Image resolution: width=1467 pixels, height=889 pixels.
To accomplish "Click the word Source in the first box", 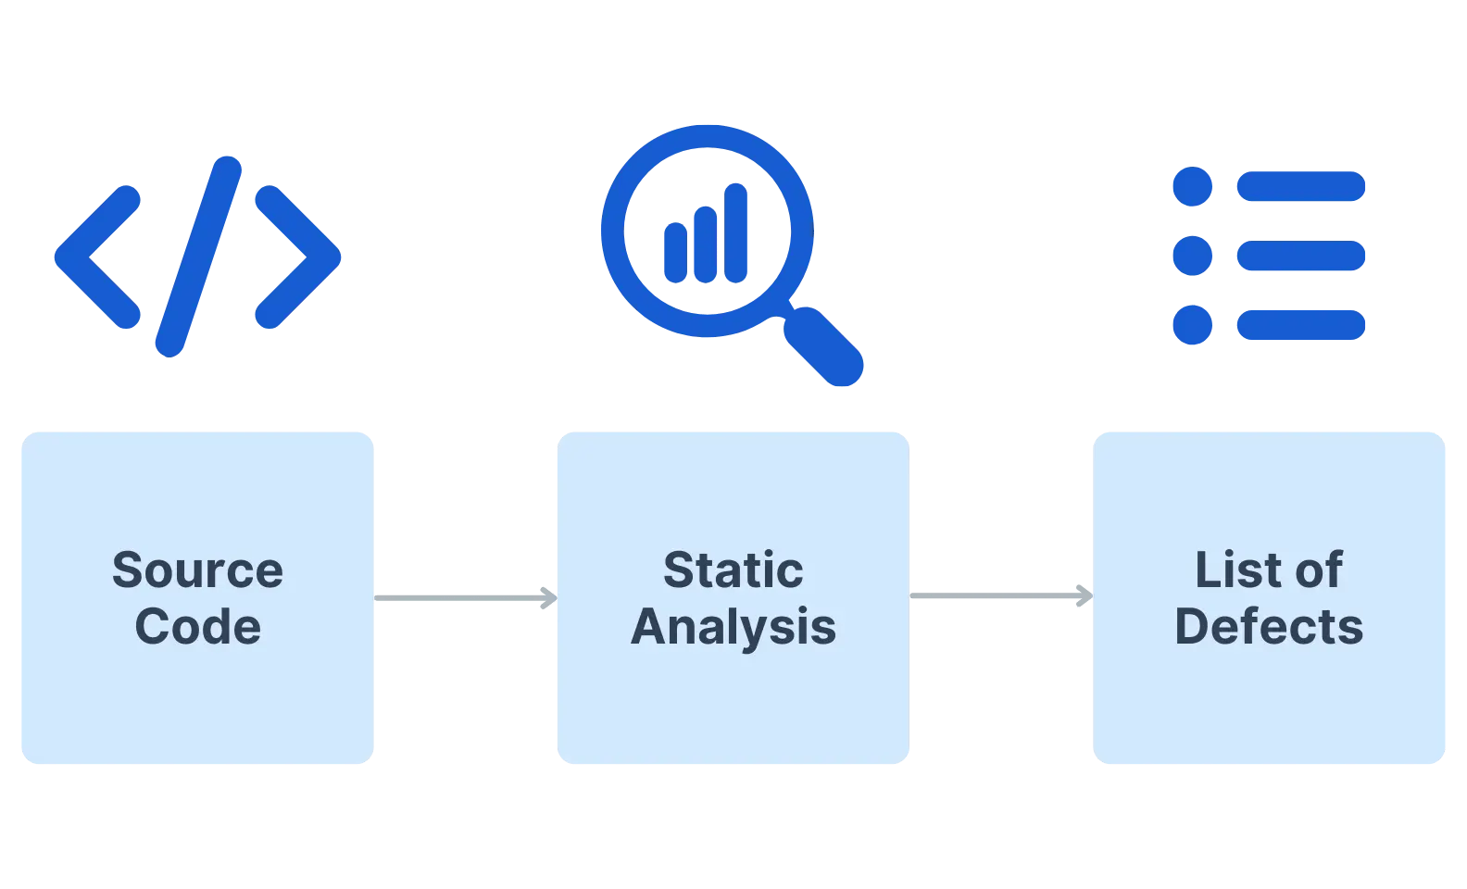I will [x=197, y=570].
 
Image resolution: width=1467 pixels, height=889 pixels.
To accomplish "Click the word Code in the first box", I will [x=197, y=627].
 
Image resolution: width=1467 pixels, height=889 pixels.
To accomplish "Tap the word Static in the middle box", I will [x=733, y=570].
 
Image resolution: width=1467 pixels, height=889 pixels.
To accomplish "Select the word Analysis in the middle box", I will [x=733, y=627].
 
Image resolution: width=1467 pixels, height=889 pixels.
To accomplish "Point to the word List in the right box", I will [x=1230, y=570].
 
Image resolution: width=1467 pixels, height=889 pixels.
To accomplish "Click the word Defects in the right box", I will [x=1269, y=627].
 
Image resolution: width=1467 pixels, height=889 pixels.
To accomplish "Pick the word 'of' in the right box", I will [x=1319, y=570].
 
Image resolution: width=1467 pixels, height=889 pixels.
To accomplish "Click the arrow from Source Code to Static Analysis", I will [x=465, y=598].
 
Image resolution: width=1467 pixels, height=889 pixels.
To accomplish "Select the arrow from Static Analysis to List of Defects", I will [x=1000, y=596].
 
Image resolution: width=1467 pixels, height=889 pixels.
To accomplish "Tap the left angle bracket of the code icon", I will [x=94, y=257].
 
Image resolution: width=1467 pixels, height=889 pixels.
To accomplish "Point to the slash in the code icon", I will [x=198, y=257].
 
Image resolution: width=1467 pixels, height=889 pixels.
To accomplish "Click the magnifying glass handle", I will [x=824, y=346].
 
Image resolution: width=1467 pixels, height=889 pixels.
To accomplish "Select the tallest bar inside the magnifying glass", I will [x=736, y=233].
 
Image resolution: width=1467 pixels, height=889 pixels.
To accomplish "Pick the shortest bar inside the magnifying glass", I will [x=676, y=251].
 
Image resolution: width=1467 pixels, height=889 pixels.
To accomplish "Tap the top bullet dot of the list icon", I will [x=1193, y=186].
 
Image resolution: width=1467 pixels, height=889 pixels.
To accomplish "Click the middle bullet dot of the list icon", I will [x=1193, y=256].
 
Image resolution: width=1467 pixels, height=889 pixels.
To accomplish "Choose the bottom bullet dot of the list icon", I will [x=1193, y=325].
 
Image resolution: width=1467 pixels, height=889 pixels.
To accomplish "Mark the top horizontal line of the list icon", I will [x=1301, y=186].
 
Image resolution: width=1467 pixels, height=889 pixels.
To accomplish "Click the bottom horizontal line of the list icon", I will [x=1301, y=325].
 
